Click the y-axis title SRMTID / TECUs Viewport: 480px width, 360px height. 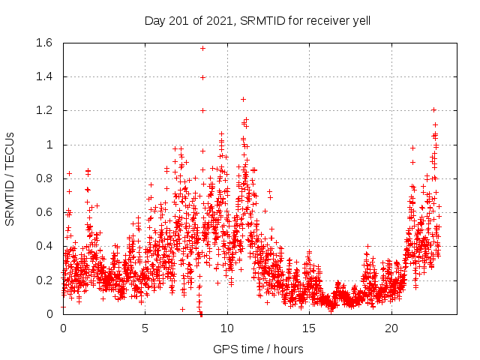pyautogui.click(x=10, y=178)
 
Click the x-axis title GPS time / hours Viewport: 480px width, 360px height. pyautogui.click(x=258, y=349)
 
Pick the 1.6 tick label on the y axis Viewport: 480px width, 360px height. pyautogui.click(x=43, y=43)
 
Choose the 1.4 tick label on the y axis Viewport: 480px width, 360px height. pyautogui.click(x=43, y=76)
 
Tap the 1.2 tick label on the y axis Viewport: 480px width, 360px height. pyautogui.click(x=43, y=110)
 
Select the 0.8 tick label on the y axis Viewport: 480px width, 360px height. pyautogui.click(x=43, y=178)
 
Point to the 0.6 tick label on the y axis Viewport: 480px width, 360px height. pyautogui.click(x=43, y=212)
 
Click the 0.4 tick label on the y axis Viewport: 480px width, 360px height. pyautogui.click(x=43, y=246)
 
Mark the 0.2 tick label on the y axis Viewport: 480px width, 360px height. pyautogui.click(x=43, y=280)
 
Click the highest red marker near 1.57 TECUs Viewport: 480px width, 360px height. pyautogui.click(x=202, y=48)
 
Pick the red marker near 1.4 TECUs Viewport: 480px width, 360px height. pyautogui.click(x=202, y=76)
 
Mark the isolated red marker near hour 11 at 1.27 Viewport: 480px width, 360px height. pyautogui.click(x=243, y=99)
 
